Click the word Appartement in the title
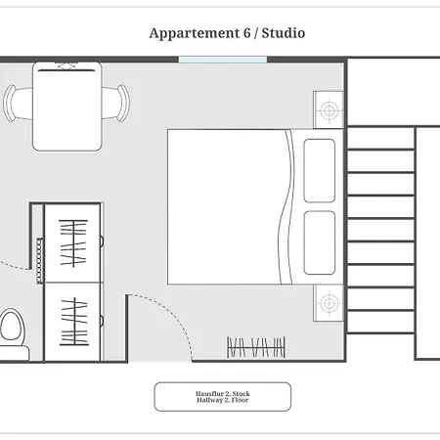(195, 33)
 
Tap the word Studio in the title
(284, 33)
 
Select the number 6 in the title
(247, 33)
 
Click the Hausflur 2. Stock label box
(223, 397)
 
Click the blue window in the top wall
(223, 60)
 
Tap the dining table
(67, 107)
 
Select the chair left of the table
(18, 103)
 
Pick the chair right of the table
(115, 103)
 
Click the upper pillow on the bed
(320, 171)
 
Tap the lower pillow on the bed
(320, 242)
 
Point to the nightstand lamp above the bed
(329, 110)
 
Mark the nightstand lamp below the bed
(329, 303)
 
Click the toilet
(13, 334)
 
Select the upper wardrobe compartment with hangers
(72, 243)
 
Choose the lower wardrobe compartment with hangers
(72, 322)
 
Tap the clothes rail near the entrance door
(256, 347)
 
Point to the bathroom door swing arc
(16, 267)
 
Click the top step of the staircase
(380, 139)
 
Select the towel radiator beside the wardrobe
(39, 261)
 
